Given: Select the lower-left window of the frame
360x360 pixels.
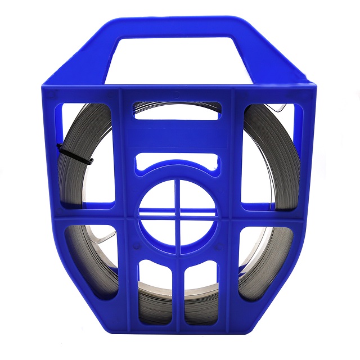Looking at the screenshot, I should point(90,259).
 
